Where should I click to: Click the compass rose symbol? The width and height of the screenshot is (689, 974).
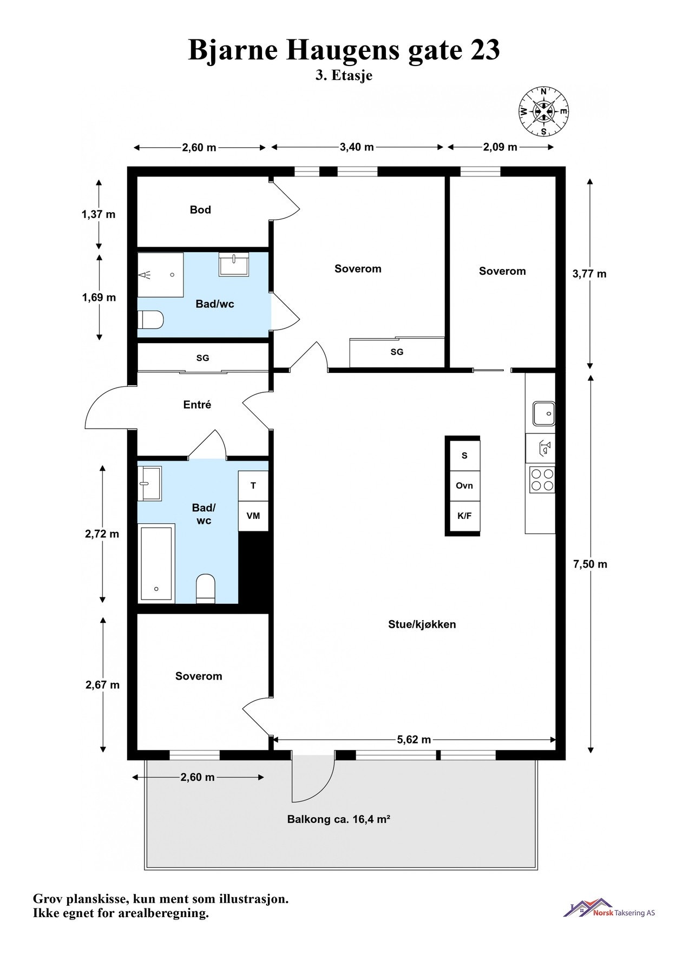coord(543,111)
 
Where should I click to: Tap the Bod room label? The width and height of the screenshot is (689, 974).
coord(200,210)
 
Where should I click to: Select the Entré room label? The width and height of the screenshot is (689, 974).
coord(197,405)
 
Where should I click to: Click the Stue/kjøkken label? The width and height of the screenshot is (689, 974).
coord(422,624)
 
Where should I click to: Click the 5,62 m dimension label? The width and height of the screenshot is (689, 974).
coord(414,740)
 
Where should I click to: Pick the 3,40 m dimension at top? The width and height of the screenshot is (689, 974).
coord(357,147)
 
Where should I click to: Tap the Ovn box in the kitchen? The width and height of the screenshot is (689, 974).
coord(464,485)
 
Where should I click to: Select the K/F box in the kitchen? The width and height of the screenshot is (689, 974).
coord(464,516)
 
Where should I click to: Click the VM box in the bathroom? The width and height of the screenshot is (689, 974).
coord(253,516)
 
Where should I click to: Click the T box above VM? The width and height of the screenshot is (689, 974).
coord(253,485)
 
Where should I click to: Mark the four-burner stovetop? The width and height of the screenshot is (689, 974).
coord(542,479)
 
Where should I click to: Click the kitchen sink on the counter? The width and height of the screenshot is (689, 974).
coord(543,414)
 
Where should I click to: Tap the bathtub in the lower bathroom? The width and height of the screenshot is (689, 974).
coord(156,563)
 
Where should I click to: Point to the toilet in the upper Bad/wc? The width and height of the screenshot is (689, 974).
coord(150,320)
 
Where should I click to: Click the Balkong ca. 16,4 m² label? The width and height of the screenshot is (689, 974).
coord(339,819)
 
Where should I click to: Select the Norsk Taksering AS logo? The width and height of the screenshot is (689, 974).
coord(609,908)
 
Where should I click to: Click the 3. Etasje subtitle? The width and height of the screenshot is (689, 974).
coord(344,75)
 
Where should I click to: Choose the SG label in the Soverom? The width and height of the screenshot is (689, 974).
coord(397,352)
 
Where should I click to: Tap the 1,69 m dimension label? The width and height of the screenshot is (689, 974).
coord(99,298)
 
